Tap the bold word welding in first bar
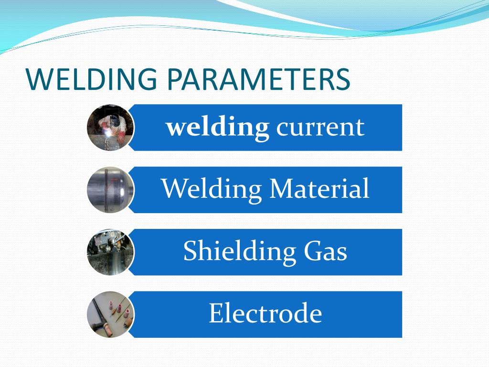[217, 127]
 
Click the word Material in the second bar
[319, 188]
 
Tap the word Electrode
[265, 313]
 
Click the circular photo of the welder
[110, 128]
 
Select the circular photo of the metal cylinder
[110, 190]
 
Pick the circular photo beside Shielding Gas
[110, 252]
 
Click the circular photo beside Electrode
[110, 314]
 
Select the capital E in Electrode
[216, 313]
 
